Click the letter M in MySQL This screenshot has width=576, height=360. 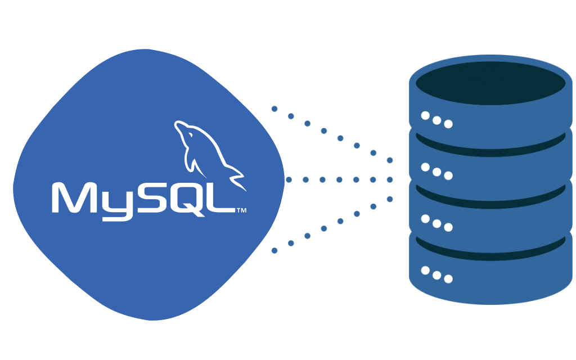tap(70, 198)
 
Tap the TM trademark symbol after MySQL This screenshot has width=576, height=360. tap(241, 211)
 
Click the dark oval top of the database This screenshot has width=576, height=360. tap(490, 83)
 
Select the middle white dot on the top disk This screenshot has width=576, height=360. tap(437, 120)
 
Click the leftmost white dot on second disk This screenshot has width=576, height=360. tap(426, 167)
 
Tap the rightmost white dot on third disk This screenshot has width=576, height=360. tap(448, 227)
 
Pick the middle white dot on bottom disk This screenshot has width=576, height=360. tap(437, 275)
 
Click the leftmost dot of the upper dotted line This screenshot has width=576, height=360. tap(274, 109)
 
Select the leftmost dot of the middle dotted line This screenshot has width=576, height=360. tap(289, 180)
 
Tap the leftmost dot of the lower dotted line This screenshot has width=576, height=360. tap(274, 250)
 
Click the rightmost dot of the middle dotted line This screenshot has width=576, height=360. tap(390, 180)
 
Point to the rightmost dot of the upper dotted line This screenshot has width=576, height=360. tap(390, 160)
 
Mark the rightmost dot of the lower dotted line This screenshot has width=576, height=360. tap(390, 199)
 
